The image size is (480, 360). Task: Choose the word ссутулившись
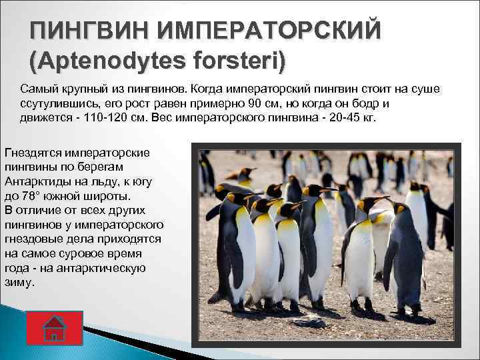[x=59, y=104]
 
